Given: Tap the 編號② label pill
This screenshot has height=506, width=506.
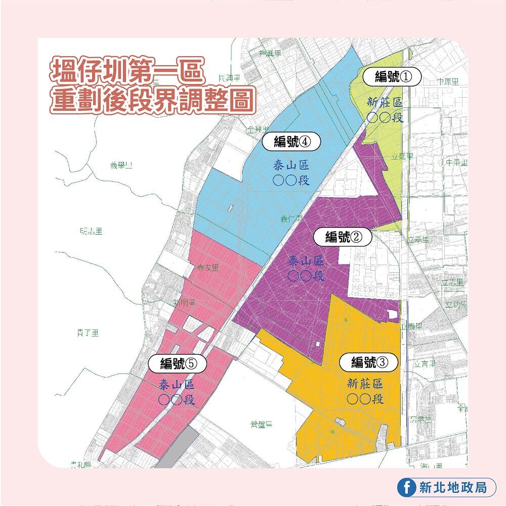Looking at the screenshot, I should (x=343, y=236).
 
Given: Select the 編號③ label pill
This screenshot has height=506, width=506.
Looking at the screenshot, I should (x=369, y=362).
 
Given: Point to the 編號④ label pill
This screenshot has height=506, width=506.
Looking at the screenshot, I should (x=291, y=142).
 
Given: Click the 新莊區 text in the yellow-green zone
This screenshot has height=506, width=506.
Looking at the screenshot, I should (x=386, y=102).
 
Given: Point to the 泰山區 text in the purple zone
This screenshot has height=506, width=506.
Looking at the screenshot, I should (x=305, y=261).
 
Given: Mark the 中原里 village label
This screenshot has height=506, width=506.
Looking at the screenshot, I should (x=448, y=81).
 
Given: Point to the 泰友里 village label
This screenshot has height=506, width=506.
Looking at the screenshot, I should (x=208, y=268).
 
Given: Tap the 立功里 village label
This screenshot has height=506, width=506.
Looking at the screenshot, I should (x=455, y=304).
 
